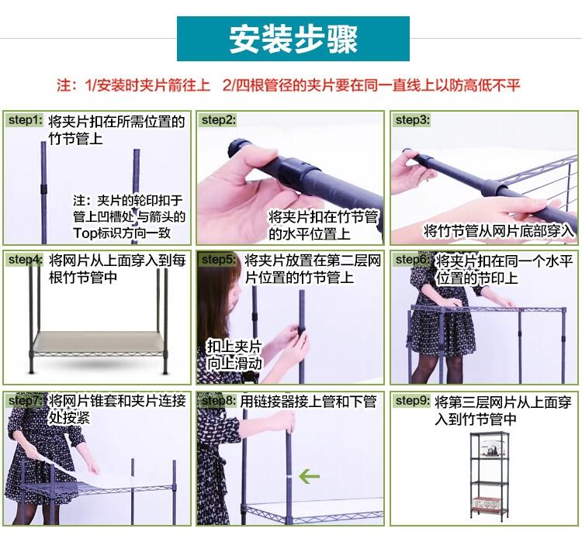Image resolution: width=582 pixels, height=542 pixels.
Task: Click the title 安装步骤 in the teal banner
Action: point(293,39)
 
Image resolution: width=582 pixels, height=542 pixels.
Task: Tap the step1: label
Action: point(26,120)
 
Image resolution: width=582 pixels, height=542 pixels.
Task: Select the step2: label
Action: point(219,120)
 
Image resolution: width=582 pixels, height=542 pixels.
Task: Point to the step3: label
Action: point(413,120)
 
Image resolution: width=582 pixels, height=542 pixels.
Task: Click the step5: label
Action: point(219,260)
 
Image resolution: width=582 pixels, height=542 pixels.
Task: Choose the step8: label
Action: point(219,401)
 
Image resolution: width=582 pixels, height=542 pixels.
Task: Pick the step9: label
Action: point(413,401)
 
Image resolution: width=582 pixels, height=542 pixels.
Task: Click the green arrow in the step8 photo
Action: point(309,476)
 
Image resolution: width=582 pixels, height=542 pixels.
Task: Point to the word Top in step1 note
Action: point(85,233)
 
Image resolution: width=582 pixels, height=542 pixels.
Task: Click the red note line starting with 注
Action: point(289,85)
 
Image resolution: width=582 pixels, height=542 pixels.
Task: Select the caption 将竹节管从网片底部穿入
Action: point(498,231)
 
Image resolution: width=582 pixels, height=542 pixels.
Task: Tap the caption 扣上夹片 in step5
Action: point(234,346)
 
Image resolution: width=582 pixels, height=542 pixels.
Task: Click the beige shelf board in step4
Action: point(99,342)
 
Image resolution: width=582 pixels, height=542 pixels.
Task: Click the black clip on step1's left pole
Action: point(43,188)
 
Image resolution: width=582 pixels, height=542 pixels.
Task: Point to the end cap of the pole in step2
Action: point(237,148)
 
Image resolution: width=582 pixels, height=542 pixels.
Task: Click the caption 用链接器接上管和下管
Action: point(308,402)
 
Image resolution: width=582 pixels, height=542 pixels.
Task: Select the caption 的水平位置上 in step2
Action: point(309,233)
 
